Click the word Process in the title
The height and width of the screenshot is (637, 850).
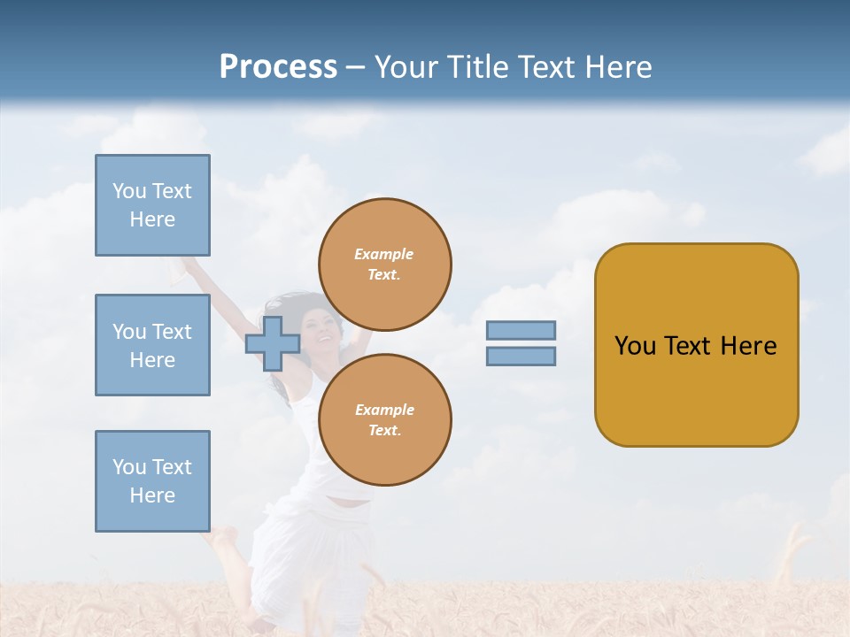pos(278,67)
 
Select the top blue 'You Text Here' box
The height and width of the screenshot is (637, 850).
pos(152,205)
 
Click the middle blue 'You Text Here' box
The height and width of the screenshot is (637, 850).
pos(152,345)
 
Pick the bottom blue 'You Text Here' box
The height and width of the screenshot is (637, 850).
pos(152,481)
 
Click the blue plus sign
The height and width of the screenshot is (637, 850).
pos(273,343)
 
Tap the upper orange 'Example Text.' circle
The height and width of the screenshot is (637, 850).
pos(384,265)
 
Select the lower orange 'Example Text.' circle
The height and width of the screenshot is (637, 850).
pos(384,420)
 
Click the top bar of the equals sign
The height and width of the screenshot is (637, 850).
pos(521,331)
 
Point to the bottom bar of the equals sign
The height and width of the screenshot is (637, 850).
pos(521,357)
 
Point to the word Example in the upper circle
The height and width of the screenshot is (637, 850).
pos(383,255)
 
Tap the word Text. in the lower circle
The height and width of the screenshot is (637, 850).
pos(384,431)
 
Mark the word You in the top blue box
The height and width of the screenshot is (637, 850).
pos(128,191)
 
